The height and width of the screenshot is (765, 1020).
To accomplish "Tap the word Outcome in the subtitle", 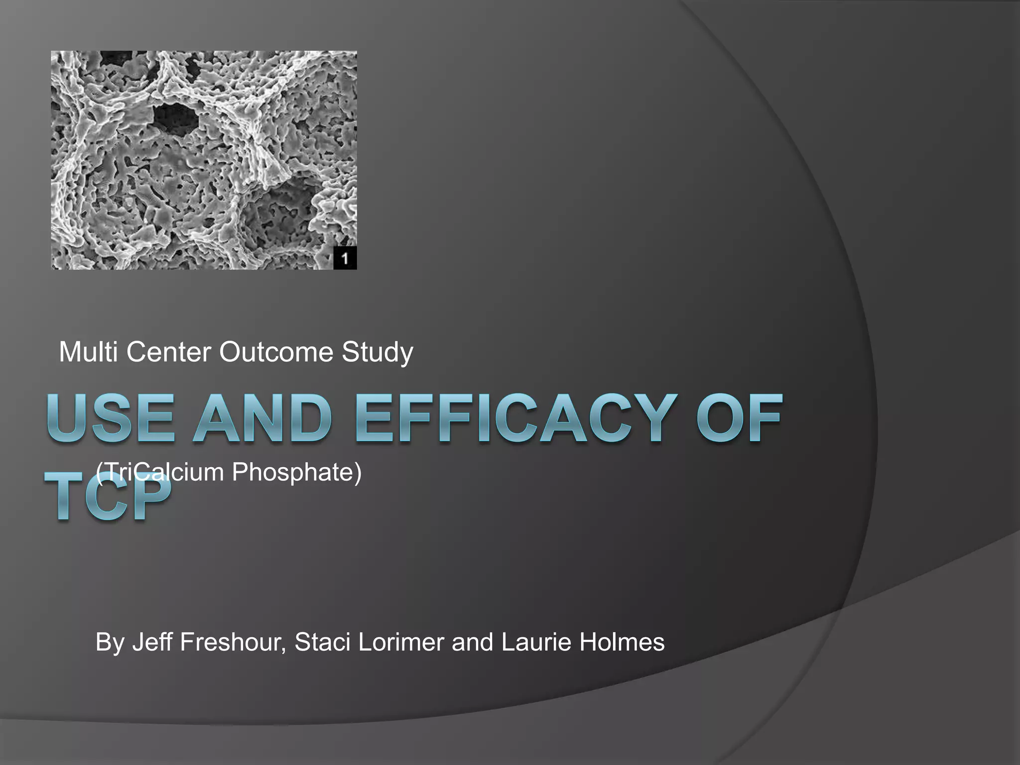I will pos(276,352).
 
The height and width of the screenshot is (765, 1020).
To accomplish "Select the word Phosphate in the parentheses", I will pos(297,472).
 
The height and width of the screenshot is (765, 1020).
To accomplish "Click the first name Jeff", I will pos(152,641).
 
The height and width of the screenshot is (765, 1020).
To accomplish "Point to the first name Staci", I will pos(322,641).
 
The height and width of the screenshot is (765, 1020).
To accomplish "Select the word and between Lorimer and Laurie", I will pos(473,641).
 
